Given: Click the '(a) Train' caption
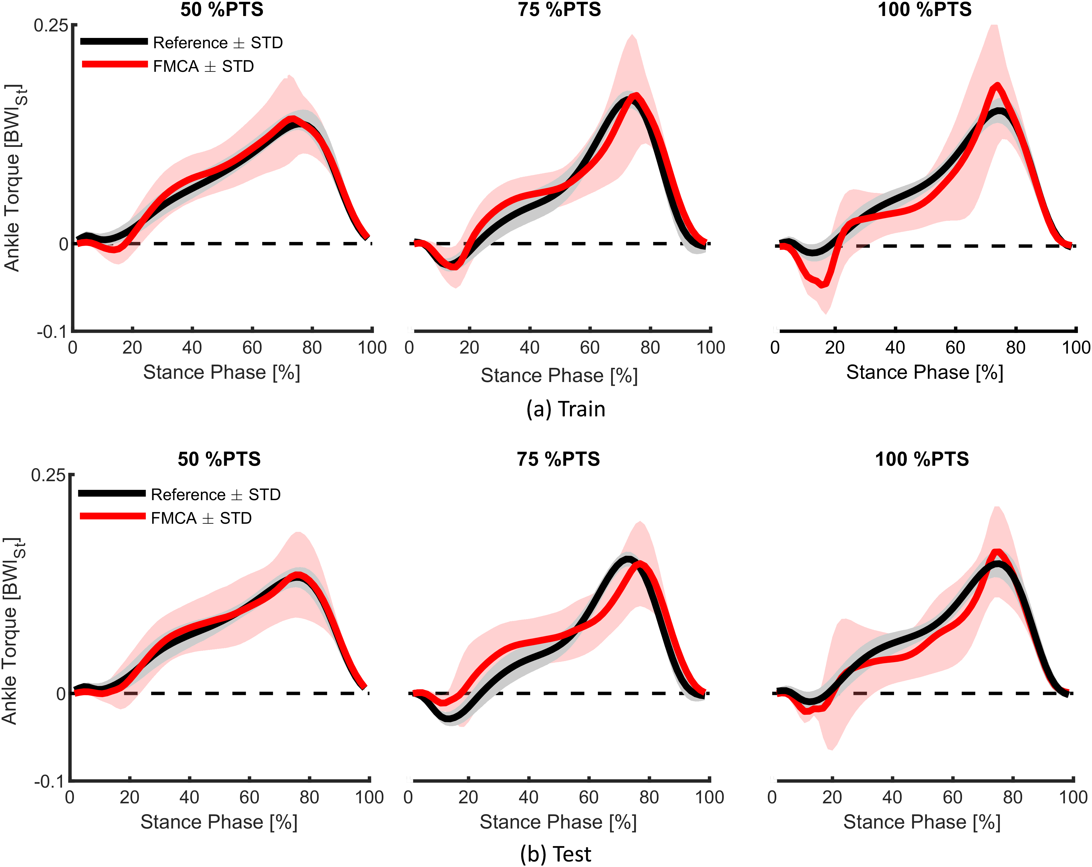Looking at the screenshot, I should tap(565, 409).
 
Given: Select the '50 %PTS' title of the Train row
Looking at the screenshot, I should tap(222, 10).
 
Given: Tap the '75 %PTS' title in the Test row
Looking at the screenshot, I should tap(558, 459).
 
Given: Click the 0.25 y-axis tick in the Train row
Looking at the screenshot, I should tap(51, 25).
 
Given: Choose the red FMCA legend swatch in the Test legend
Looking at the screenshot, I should tap(112, 516).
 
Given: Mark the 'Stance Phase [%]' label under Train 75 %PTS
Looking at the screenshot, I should tap(559, 376).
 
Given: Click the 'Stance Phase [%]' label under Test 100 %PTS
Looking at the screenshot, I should tap(922, 822).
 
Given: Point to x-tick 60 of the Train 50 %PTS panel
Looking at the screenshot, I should tap(252, 348).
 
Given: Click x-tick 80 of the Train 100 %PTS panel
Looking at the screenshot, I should tap(1016, 348).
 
